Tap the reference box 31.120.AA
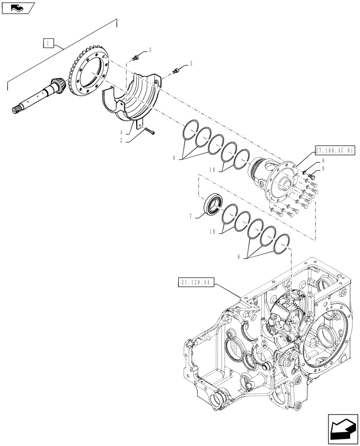coord(196,282)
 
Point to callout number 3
coord(150,50)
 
